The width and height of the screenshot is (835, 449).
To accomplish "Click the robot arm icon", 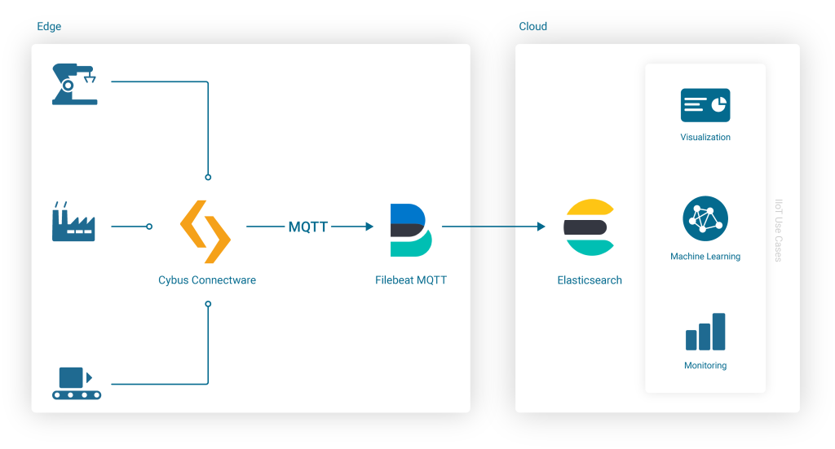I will coord(74,84).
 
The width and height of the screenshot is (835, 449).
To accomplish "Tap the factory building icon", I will coord(73,222).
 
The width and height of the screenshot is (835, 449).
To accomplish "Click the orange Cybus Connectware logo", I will coord(205,231).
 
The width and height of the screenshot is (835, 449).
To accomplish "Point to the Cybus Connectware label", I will coord(207,280).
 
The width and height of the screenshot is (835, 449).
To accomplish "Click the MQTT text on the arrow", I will coord(308,227).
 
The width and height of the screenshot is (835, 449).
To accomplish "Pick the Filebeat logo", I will coord(411,230).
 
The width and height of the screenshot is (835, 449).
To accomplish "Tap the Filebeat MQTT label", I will coord(411,280).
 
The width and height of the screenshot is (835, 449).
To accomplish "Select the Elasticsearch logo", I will coord(589,227).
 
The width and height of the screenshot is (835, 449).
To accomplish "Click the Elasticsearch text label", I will coord(590,280).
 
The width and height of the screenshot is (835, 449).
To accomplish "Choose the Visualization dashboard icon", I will coord(705,105).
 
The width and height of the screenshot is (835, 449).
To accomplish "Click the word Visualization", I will coord(705,138).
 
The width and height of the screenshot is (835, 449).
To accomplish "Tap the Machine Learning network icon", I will coord(705,218).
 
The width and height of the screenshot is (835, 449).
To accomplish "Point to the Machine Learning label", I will coord(705,257).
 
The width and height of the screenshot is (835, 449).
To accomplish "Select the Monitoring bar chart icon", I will coord(705,332).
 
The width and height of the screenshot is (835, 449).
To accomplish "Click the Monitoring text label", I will coord(705,366).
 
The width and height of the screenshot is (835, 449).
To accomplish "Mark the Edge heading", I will coord(49,27).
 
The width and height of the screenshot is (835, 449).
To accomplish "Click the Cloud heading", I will coord(533,27).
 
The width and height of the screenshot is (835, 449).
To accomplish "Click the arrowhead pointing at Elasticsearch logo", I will coord(541,227).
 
